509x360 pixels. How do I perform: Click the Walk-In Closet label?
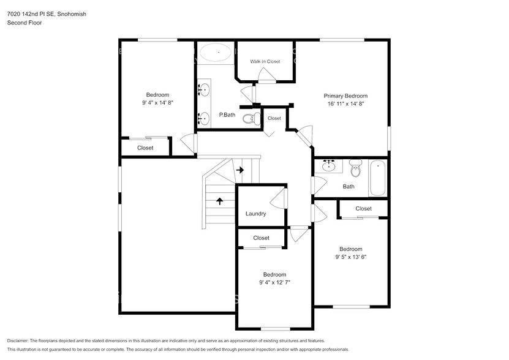tap(265, 62)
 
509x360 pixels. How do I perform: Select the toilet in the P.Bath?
tap(249, 118)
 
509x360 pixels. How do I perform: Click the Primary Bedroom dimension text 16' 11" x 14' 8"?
tap(345, 104)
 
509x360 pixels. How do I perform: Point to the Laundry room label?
tap(255, 214)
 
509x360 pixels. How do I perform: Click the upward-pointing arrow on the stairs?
tap(219, 200)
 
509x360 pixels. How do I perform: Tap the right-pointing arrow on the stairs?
tap(240, 170)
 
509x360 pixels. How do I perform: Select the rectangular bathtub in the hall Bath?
tap(377, 178)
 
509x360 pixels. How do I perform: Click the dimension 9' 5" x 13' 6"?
tap(351, 257)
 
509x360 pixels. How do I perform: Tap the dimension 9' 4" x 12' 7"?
tap(274, 283)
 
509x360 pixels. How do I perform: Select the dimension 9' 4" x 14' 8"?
tap(157, 103)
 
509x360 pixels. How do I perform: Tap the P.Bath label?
tap(227, 115)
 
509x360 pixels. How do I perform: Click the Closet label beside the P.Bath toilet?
tap(274, 118)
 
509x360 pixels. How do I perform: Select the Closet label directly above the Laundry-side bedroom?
tap(261, 238)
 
